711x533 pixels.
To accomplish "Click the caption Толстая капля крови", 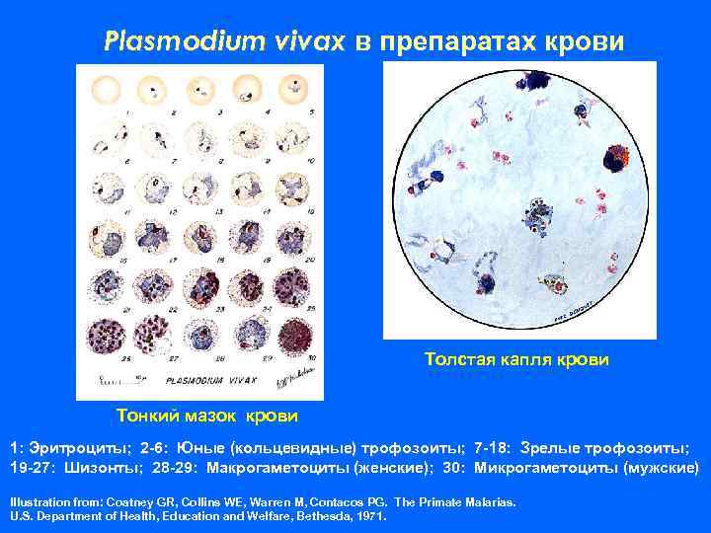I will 516,360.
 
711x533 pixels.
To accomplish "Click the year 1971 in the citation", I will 371,515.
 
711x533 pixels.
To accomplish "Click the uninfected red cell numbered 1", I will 106,91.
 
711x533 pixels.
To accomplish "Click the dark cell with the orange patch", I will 618,156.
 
